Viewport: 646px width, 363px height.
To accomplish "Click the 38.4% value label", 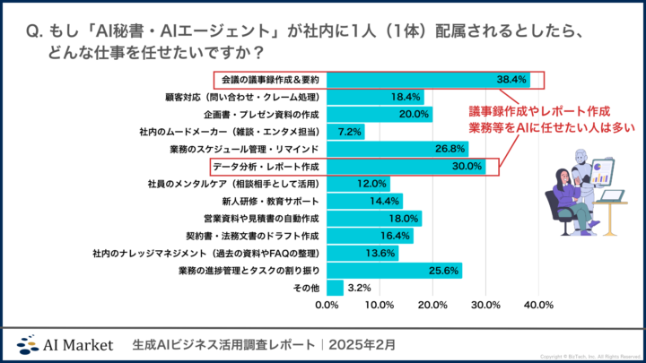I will click(x=510, y=79).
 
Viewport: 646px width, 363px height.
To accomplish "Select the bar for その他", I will click(x=335, y=288).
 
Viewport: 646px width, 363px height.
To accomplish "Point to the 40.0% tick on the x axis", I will click(x=537, y=306).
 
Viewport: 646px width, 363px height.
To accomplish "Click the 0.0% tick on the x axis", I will click(x=327, y=306).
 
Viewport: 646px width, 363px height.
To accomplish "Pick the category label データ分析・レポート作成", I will click(x=265, y=166).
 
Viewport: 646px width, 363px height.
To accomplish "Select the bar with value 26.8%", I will click(x=397, y=149).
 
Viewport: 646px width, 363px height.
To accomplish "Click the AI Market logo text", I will click(x=79, y=343).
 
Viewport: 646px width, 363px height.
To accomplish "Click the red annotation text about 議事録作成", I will click(x=551, y=119).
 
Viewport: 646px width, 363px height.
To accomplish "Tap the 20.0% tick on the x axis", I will click(x=432, y=306).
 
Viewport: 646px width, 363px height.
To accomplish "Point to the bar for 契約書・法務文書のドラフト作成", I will click(x=370, y=235).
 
